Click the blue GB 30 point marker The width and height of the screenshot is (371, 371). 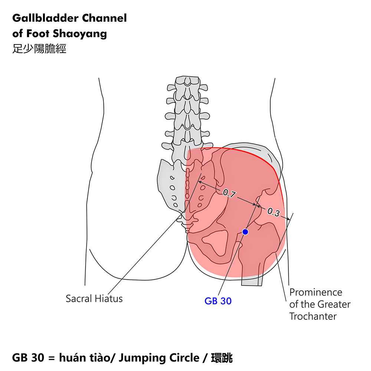tap(245, 232)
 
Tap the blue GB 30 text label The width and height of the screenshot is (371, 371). tap(218, 301)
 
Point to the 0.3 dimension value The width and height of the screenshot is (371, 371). tap(273, 212)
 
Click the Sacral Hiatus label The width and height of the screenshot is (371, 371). tap(94, 298)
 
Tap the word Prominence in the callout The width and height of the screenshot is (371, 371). tap(316, 292)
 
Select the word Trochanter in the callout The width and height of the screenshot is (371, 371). tap(313, 316)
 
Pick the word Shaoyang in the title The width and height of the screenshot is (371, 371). tap(80, 34)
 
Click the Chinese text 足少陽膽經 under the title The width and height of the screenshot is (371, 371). tap(39, 49)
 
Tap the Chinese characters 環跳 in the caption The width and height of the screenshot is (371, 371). tap(221, 358)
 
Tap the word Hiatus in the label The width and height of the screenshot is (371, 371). tap(109, 298)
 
